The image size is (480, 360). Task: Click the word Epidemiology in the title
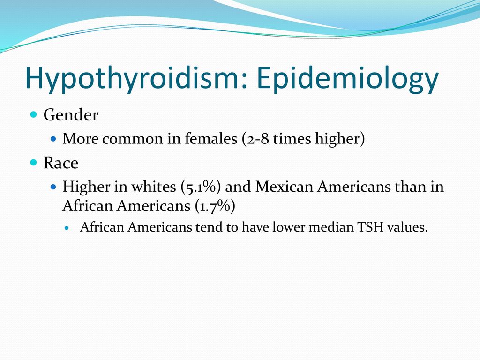pos(348,78)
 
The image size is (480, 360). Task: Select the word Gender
pos(71,115)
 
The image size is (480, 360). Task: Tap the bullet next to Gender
pos(34,115)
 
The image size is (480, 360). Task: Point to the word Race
pos(60,163)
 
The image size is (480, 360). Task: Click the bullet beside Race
pos(34,162)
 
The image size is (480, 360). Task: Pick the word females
pos(211,138)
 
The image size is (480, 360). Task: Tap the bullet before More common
pos(53,139)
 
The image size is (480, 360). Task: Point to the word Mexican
pos(284,187)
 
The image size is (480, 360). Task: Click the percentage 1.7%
pos(215,206)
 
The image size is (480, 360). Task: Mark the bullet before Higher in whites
pos(53,187)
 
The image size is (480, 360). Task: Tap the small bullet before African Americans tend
pos(67,228)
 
